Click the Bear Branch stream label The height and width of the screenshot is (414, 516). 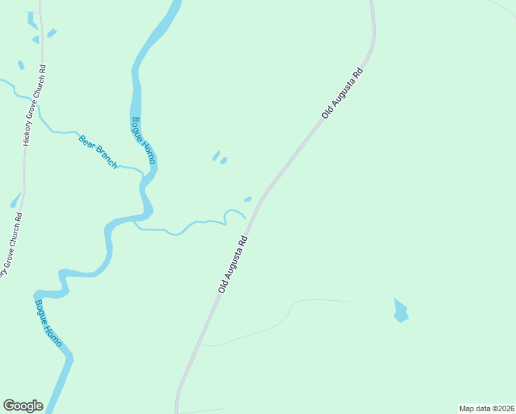click(x=98, y=152)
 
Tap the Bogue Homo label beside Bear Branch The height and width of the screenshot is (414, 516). click(x=144, y=141)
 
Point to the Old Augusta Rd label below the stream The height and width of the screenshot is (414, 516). click(x=233, y=263)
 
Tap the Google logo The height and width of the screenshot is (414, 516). click(x=23, y=406)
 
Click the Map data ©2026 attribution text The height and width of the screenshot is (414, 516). click(x=486, y=408)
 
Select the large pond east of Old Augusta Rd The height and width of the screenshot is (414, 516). click(x=400, y=311)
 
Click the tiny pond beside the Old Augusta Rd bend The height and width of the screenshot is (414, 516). click(x=248, y=199)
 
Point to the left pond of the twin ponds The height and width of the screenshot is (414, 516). click(x=216, y=156)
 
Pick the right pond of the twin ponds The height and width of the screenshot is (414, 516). click(x=224, y=161)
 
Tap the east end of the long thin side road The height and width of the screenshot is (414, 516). click(x=349, y=302)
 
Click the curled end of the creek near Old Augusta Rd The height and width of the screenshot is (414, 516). click(x=235, y=211)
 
